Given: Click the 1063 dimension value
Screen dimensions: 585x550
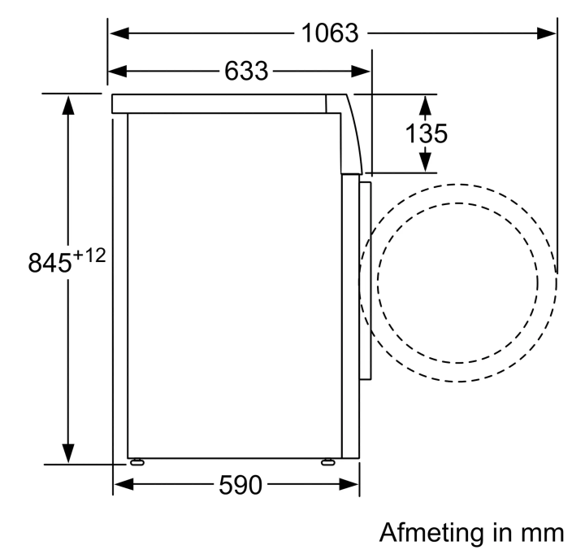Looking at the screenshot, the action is [330, 33].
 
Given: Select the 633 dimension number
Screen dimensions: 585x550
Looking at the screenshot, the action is [246, 71].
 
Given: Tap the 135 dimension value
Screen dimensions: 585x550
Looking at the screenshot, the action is [426, 133].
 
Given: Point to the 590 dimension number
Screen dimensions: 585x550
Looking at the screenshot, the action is [240, 485].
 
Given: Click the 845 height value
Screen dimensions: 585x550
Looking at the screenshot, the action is [50, 262].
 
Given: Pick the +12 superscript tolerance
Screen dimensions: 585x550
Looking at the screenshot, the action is [89, 256].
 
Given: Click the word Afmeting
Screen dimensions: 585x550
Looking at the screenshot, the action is [427, 532].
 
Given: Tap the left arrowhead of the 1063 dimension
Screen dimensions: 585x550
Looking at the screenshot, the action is [119, 33].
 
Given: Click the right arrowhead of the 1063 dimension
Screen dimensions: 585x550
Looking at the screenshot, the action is [546, 33].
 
